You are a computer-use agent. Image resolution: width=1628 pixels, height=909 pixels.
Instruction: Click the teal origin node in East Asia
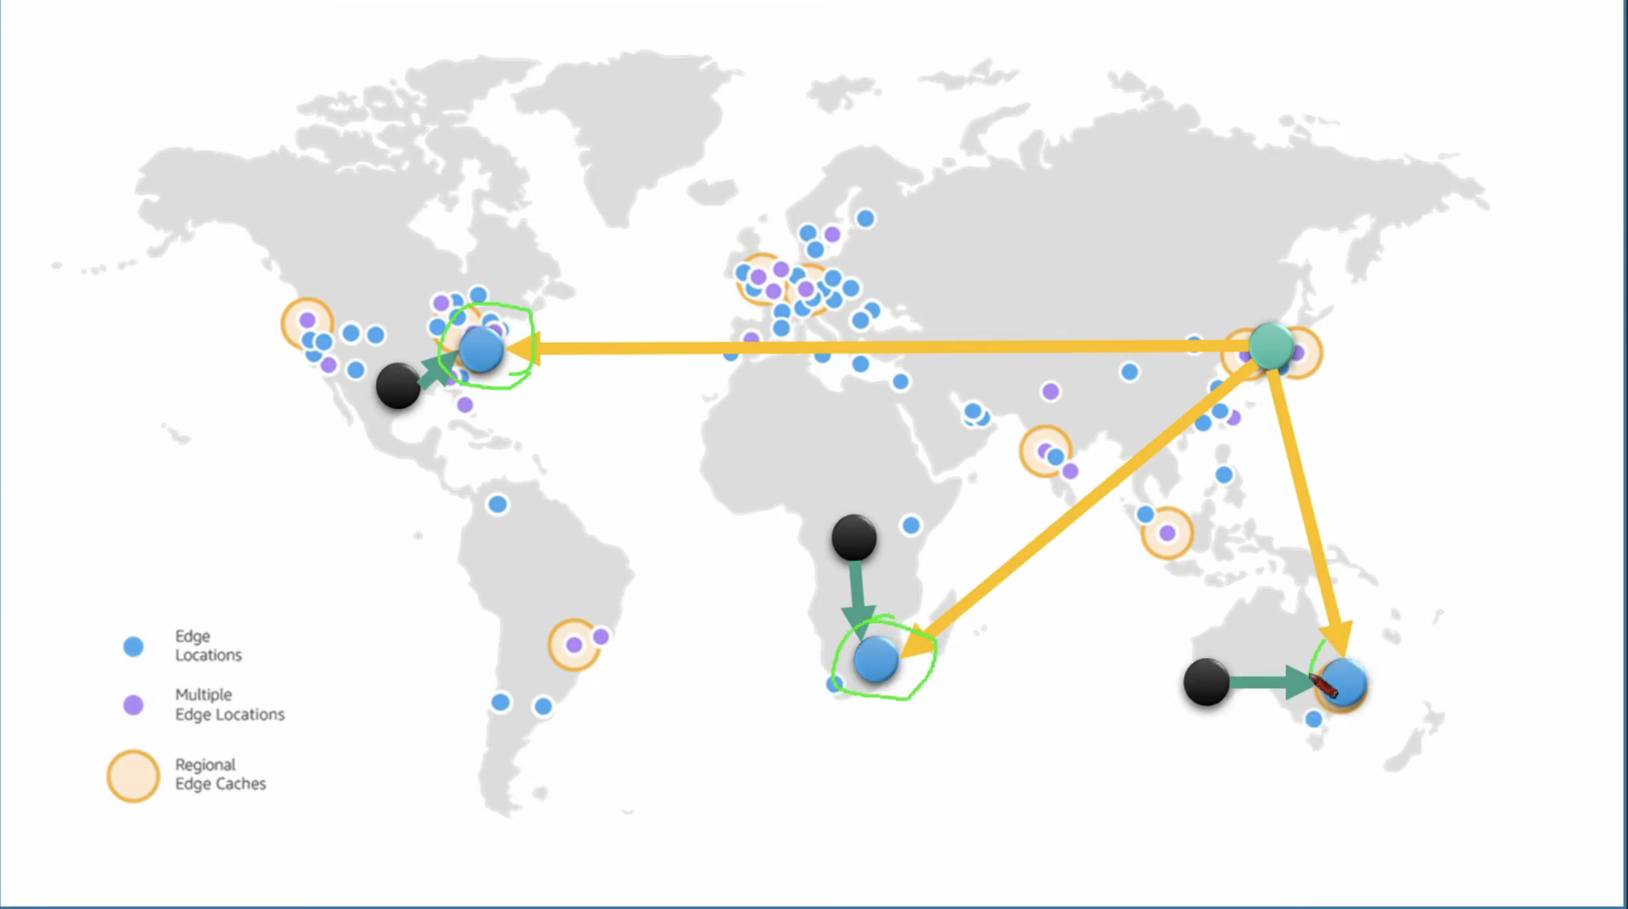[x=1272, y=345]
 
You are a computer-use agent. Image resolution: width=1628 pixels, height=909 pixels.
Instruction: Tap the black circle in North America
[x=398, y=386]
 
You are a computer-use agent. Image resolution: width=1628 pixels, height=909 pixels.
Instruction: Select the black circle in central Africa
[x=854, y=537]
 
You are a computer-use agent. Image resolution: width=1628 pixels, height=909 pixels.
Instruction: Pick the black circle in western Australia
[x=1206, y=682]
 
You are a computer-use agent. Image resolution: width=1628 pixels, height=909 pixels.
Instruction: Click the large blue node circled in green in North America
[x=482, y=350]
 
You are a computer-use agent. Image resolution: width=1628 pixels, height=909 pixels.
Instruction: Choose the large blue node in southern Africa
[x=876, y=659]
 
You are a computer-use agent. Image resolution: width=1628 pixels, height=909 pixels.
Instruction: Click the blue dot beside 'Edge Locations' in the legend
[x=133, y=646]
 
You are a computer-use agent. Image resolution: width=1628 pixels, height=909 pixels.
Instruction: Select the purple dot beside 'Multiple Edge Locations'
[x=133, y=705]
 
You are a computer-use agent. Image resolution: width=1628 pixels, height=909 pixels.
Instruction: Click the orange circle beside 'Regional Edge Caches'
[x=133, y=776]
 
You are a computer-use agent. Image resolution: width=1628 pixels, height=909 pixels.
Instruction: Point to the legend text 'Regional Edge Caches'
[x=220, y=774]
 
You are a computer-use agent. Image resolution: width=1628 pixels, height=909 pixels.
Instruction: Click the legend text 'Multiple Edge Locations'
[x=229, y=704]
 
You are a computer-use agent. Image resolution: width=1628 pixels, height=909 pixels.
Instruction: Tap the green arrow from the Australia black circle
[x=1274, y=682]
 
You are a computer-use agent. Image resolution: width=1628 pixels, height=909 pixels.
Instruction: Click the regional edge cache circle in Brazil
[x=574, y=644]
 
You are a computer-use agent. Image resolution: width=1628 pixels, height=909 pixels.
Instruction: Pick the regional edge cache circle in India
[x=1045, y=451]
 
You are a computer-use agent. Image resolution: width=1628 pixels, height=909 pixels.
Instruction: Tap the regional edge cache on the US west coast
[x=307, y=322]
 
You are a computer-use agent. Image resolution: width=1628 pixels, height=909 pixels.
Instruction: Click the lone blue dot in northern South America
[x=497, y=504]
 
